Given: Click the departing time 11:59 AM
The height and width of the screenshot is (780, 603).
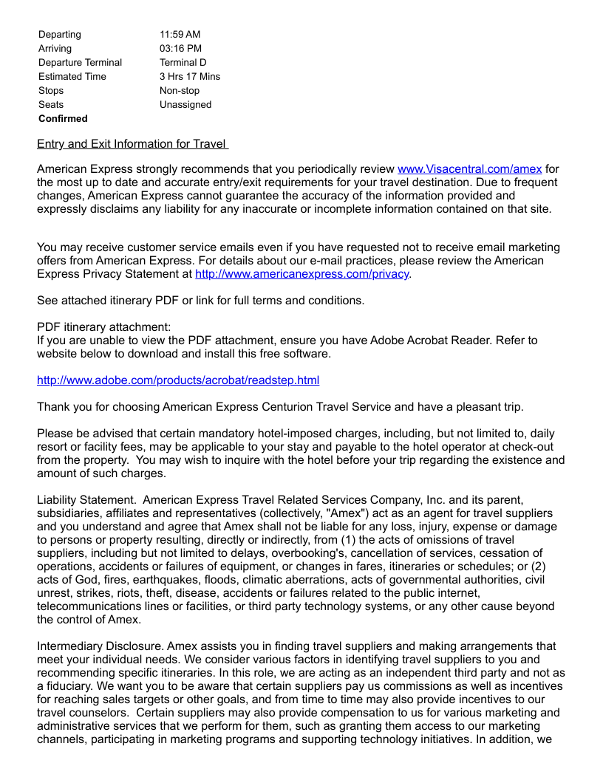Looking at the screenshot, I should pyautogui.click(x=180, y=35).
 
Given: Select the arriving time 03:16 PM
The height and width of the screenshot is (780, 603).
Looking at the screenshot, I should pyautogui.click(x=180, y=49).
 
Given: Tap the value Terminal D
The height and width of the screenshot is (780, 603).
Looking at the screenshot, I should pyautogui.click(x=183, y=63).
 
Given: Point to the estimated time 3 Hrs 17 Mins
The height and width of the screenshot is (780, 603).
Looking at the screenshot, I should pyautogui.click(x=189, y=77).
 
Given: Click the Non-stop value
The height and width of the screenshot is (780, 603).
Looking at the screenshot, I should pyautogui.click(x=180, y=91).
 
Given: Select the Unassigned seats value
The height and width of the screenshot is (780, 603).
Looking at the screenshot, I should pyautogui.click(x=185, y=105).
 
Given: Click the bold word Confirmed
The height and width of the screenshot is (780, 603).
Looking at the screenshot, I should pyautogui.click(x=63, y=119).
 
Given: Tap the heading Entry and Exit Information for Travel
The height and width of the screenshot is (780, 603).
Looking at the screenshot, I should pyautogui.click(x=132, y=144).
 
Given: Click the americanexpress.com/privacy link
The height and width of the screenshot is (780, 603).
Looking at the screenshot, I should pyautogui.click(x=301, y=274).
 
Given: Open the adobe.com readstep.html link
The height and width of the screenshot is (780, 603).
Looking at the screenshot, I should pyautogui.click(x=178, y=380).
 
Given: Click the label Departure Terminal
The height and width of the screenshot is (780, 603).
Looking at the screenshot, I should pyautogui.click(x=80, y=63).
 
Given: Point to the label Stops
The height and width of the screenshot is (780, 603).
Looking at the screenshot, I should pyautogui.click(x=51, y=91).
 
